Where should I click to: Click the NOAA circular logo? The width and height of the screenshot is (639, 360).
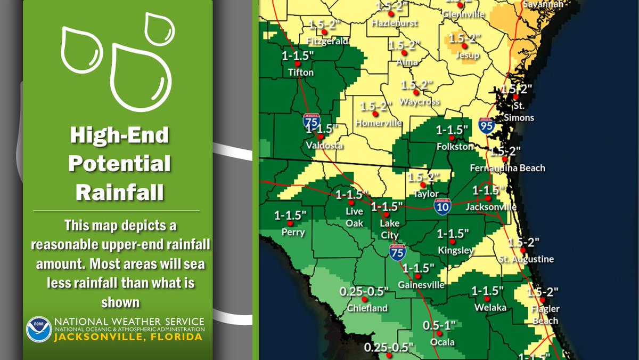(39, 329)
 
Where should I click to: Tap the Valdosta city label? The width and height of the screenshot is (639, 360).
(324, 145)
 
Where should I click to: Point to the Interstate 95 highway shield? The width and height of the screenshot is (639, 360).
(487, 127)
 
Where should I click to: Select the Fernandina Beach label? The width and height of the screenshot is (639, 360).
(507, 168)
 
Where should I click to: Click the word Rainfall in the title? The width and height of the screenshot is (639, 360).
(119, 191)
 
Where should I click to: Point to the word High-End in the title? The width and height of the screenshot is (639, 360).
(119, 136)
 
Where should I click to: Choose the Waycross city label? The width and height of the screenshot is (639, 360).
(420, 101)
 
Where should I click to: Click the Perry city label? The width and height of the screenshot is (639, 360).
(293, 232)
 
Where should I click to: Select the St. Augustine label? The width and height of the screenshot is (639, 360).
(526, 259)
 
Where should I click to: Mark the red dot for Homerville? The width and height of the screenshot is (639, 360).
(375, 114)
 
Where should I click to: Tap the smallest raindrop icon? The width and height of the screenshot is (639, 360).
(155, 29)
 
